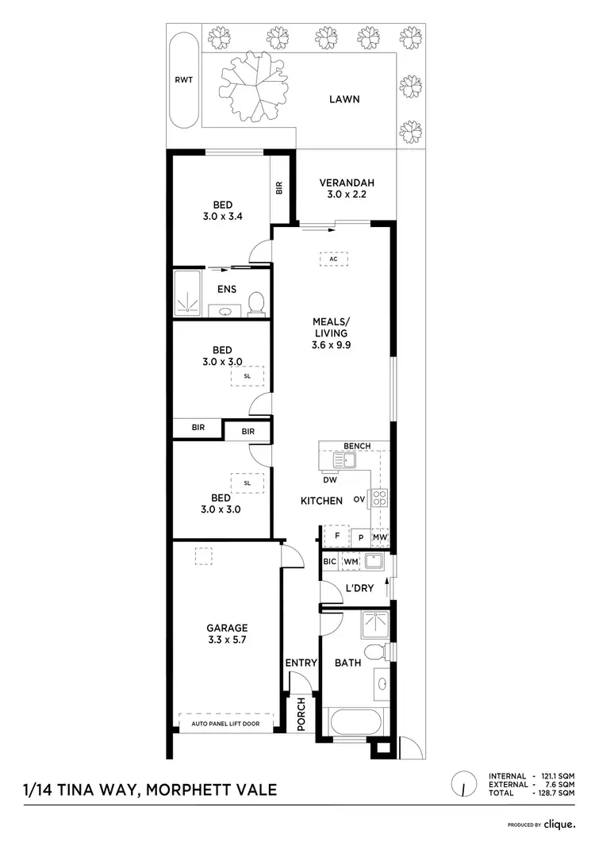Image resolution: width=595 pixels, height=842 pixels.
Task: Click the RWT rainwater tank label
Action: click(x=182, y=79)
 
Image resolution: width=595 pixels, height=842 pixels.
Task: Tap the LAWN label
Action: click(x=344, y=99)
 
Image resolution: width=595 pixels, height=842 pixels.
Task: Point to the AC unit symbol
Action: click(x=333, y=258)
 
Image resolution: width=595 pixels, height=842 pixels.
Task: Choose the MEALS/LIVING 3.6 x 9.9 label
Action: click(x=331, y=333)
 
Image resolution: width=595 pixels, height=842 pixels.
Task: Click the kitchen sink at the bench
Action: click(x=345, y=461)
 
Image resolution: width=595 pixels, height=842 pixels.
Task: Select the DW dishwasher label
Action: click(x=330, y=479)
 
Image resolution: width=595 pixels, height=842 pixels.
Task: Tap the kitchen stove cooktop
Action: click(x=379, y=498)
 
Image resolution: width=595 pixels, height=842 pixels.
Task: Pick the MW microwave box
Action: click(x=379, y=537)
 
